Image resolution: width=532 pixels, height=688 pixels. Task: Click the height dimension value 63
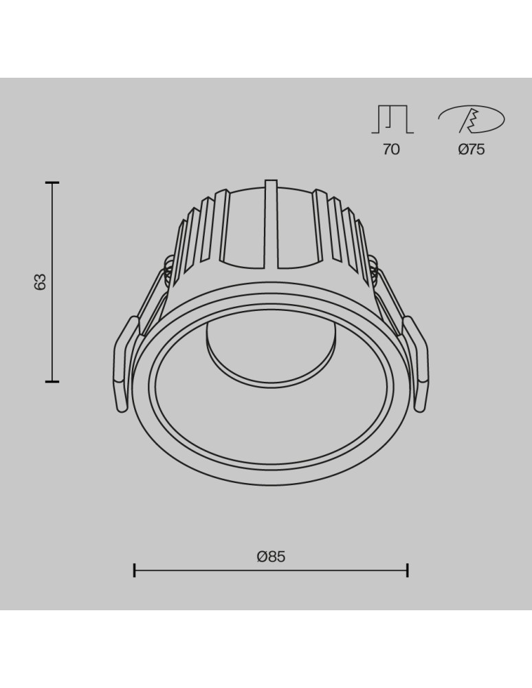click(x=41, y=281)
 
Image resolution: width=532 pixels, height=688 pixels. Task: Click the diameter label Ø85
click(x=271, y=557)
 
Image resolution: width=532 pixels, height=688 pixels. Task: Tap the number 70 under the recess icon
click(x=391, y=149)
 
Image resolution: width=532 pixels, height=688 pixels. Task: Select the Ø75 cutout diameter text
click(x=472, y=149)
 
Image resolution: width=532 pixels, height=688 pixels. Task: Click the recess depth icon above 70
click(x=392, y=120)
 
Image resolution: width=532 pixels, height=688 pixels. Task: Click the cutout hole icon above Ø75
click(x=472, y=120)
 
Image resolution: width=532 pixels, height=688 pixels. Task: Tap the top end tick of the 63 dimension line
click(x=52, y=183)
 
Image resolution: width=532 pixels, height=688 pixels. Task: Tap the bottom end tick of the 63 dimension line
click(x=52, y=380)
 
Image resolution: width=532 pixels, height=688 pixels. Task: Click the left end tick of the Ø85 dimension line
click(x=135, y=570)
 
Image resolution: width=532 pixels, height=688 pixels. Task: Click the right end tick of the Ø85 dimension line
click(x=408, y=570)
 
